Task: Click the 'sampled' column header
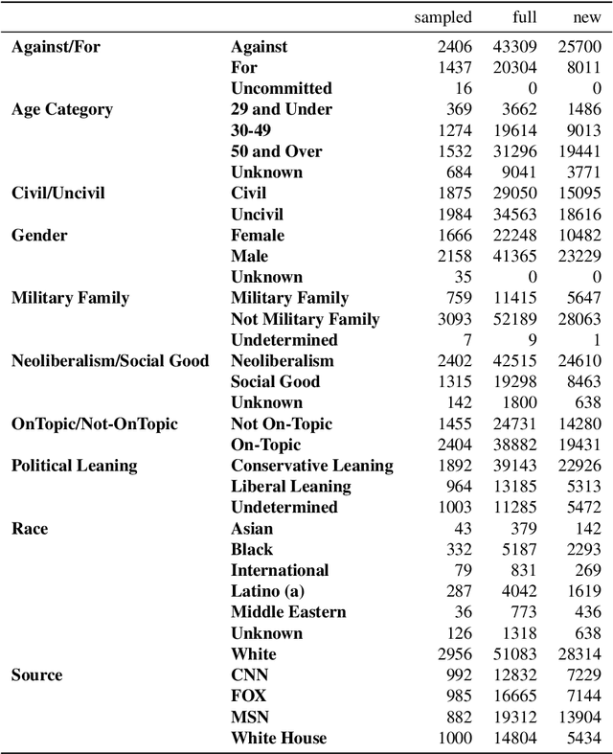pos(443,17)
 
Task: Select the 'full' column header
pos(525,17)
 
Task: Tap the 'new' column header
pos(586,17)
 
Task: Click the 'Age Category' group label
pos(62,109)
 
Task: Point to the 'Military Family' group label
pos(70,298)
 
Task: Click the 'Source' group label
pos(36,675)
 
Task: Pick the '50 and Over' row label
pos(277,151)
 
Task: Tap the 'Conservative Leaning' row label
pos(312,466)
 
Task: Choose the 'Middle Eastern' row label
pos(288,612)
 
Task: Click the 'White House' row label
pos(279,738)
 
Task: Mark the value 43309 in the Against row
pos(516,46)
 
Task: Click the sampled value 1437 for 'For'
pos(454,67)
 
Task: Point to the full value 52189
pos(516,319)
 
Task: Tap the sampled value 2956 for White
pos(454,654)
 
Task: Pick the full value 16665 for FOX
pos(516,697)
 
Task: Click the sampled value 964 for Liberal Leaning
pos(459,487)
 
